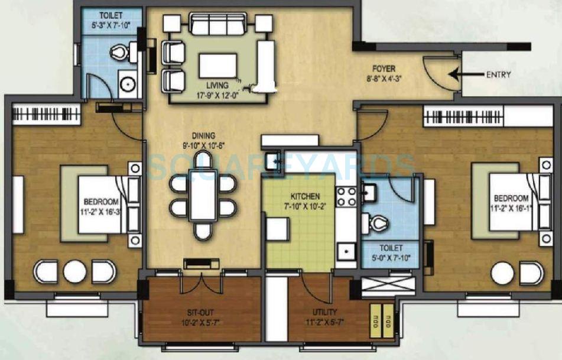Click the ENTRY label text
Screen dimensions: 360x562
click(x=498, y=74)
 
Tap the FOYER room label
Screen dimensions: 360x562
click(x=384, y=69)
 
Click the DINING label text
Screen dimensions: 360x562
click(x=203, y=135)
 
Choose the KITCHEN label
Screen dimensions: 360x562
click(x=304, y=196)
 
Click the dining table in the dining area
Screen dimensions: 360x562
click(x=203, y=196)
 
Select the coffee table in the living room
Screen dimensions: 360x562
click(x=217, y=65)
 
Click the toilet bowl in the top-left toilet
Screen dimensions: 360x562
click(x=120, y=53)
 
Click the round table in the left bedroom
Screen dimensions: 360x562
click(x=75, y=271)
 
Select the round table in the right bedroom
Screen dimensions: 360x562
click(x=502, y=273)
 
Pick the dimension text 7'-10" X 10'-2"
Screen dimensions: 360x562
click(x=304, y=206)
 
